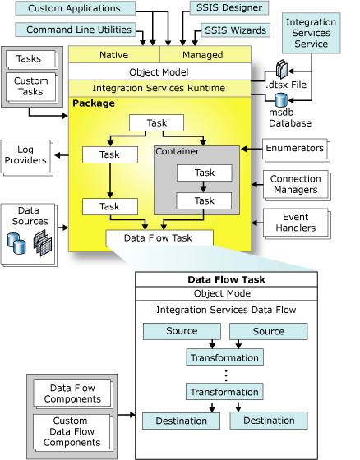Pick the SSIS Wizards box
pyautogui.click(x=234, y=30)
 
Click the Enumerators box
pyautogui.click(x=293, y=149)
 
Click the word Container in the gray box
pyautogui.click(x=178, y=152)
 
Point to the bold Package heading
pyautogui.click(x=93, y=103)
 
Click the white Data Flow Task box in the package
pyautogui.click(x=159, y=237)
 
